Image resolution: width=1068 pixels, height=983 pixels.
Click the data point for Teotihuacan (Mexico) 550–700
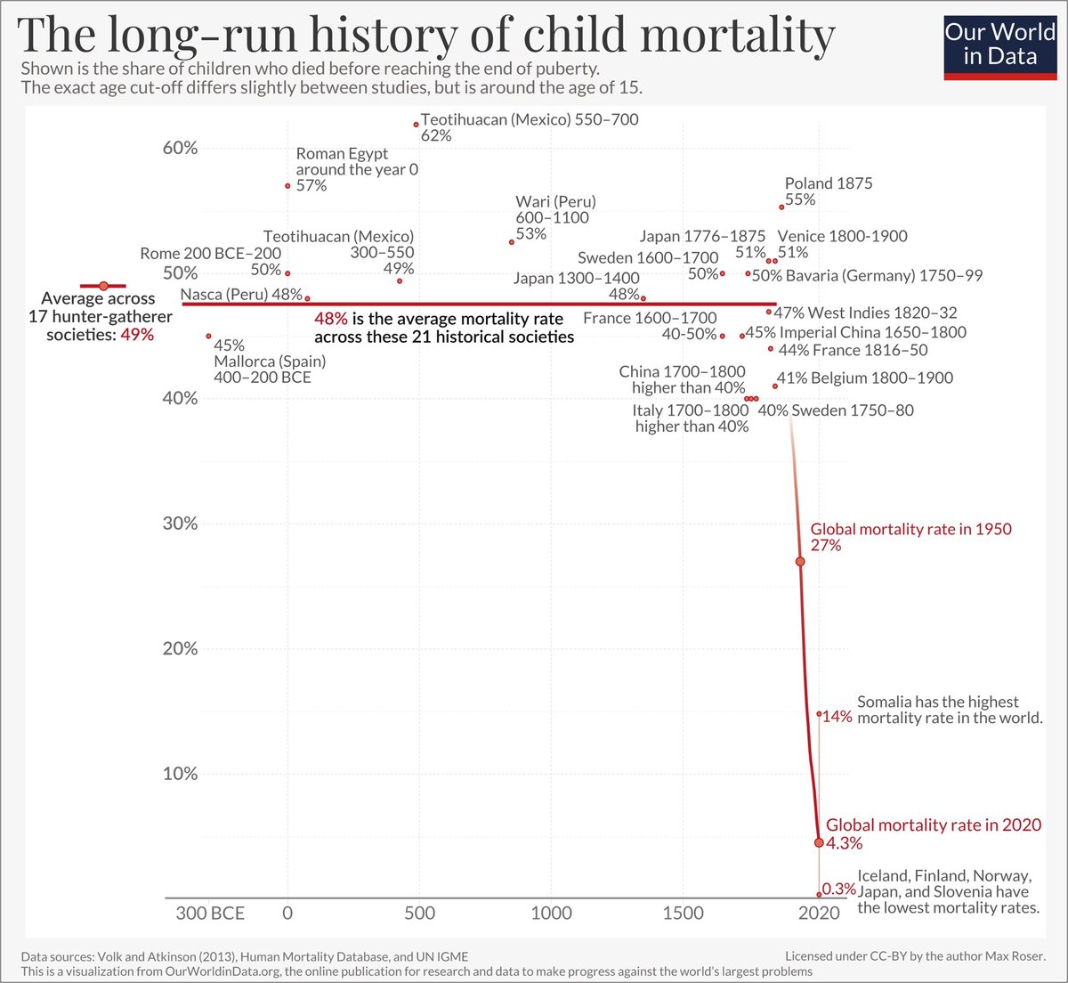click(x=416, y=125)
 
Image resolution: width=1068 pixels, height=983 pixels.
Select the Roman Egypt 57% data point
click(x=287, y=186)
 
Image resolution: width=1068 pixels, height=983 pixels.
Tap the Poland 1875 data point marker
click(x=781, y=207)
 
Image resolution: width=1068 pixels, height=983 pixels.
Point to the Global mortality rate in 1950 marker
click(x=800, y=562)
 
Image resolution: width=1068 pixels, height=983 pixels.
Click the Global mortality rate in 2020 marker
click(x=819, y=841)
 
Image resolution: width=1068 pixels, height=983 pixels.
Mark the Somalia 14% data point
click(x=819, y=713)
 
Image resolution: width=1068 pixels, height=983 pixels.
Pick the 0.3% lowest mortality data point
click(x=819, y=894)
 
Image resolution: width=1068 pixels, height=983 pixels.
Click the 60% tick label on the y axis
click(x=180, y=148)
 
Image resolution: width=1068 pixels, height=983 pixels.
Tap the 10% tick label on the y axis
click(x=180, y=774)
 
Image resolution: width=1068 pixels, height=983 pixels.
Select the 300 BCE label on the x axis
click(x=210, y=914)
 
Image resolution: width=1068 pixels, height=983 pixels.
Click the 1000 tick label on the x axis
click(x=551, y=914)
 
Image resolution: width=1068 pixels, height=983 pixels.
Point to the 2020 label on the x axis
click(x=819, y=914)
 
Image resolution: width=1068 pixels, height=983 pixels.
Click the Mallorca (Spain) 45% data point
click(x=209, y=337)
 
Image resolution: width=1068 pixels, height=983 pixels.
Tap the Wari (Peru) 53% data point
click(x=512, y=242)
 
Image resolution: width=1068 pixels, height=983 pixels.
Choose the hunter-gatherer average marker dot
click(x=103, y=286)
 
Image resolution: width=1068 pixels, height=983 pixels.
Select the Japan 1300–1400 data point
click(x=643, y=298)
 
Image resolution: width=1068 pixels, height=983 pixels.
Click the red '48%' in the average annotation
click(x=330, y=319)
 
